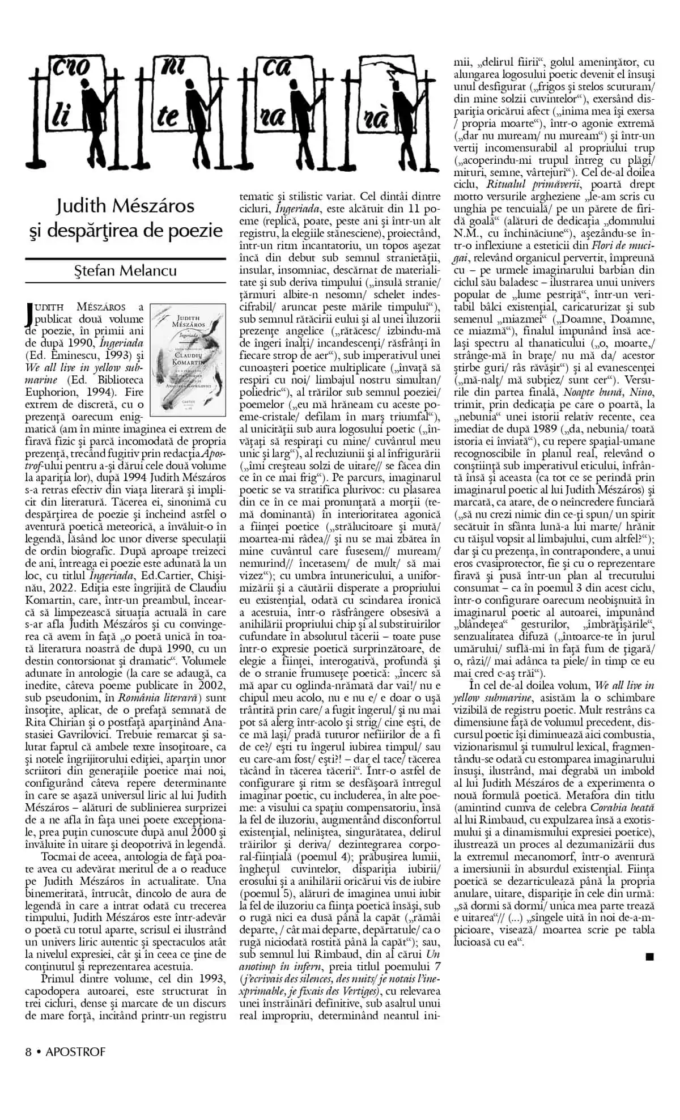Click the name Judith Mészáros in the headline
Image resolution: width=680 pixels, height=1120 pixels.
click(125, 205)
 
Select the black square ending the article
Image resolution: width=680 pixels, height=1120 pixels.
click(649, 957)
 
